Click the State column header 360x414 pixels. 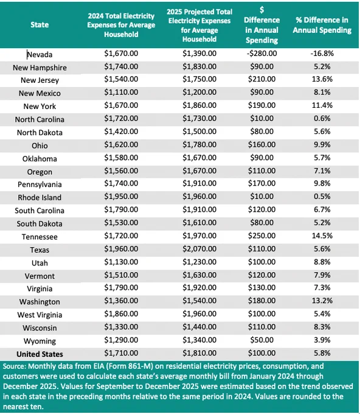40,25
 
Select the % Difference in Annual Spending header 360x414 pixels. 322,25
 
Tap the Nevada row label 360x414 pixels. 40,55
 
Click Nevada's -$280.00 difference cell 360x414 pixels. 261,54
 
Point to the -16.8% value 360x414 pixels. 322,54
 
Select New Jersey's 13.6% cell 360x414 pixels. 322,79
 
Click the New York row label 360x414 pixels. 40,107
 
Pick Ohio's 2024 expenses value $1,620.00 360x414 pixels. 121,145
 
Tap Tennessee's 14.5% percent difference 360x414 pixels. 322,236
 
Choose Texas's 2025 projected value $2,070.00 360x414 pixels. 199,249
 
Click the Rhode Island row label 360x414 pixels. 40,197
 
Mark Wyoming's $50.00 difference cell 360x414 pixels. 261,340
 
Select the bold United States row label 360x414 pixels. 40,354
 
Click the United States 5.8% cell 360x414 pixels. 322,353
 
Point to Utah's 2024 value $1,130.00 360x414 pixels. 121,262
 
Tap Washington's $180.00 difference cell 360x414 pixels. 261,301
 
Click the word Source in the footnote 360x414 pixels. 13,367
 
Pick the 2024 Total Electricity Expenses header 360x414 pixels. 121,25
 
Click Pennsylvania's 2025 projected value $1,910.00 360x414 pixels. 199,183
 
